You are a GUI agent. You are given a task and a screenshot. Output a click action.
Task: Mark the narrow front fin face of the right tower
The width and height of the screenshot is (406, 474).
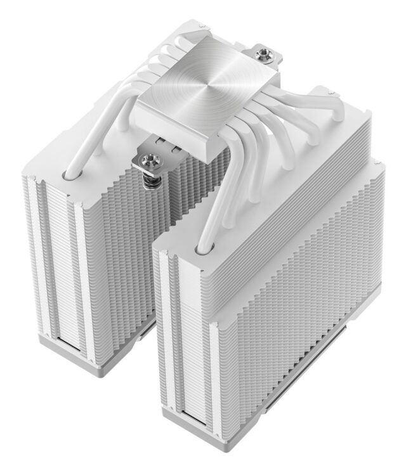pos(187,336)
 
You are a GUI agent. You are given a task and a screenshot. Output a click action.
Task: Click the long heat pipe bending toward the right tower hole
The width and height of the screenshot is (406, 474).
pos(216,190)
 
